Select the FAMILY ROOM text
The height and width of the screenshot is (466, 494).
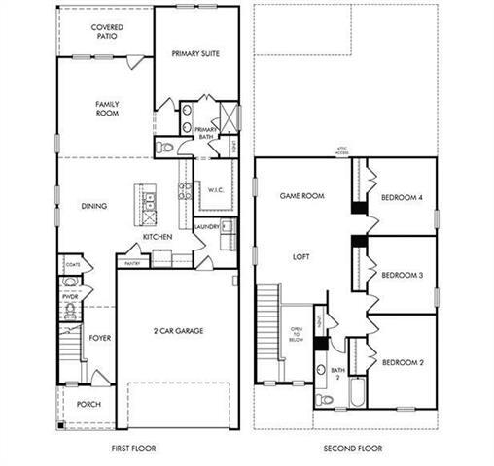pyautogui.click(x=107, y=107)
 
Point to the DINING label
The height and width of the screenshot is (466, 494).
pyautogui.click(x=94, y=206)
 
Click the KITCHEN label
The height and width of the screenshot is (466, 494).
pyautogui.click(x=159, y=237)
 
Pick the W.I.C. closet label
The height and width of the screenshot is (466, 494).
pyautogui.click(x=215, y=189)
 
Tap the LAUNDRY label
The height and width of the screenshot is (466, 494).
pyautogui.click(x=207, y=227)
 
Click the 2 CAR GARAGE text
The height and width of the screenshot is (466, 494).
pyautogui.click(x=178, y=331)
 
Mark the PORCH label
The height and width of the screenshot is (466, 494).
pyautogui.click(x=89, y=405)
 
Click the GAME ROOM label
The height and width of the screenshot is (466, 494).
pyautogui.click(x=302, y=196)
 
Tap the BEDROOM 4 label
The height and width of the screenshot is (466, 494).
pyautogui.click(x=401, y=198)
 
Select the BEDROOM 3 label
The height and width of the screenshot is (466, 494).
pyautogui.click(x=401, y=276)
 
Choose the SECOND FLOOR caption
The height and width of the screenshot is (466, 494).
pyautogui.click(x=353, y=449)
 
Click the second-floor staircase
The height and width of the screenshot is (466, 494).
pyautogui.click(x=268, y=330)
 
